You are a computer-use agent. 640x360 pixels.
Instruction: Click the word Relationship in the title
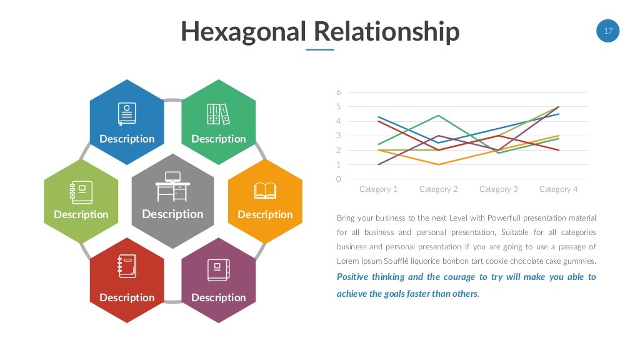coord(386,31)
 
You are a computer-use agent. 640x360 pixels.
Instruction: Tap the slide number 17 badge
coord(607,30)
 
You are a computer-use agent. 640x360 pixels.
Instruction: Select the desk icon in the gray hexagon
coord(172,186)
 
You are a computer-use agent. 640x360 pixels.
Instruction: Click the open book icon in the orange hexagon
coord(265,191)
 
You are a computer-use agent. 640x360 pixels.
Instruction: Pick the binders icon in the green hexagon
coord(218,114)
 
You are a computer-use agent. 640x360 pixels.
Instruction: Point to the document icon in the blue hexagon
coord(127,114)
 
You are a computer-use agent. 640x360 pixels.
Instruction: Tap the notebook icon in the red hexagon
coord(127,266)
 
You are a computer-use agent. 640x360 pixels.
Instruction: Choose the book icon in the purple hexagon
coord(218,270)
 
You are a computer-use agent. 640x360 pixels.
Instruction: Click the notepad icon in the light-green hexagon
coord(81,192)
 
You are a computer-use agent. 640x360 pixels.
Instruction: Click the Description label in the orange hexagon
coord(265,214)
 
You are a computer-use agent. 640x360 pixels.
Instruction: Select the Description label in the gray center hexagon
coord(172,214)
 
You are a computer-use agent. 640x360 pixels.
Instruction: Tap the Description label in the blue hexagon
coord(127,139)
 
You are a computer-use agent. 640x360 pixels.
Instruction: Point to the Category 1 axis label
coord(379,189)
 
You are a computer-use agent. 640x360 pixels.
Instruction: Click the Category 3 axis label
coord(498,189)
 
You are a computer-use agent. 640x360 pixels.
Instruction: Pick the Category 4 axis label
coord(558,189)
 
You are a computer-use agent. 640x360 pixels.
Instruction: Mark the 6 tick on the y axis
coord(339,92)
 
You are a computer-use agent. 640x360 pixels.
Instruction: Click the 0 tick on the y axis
coord(339,179)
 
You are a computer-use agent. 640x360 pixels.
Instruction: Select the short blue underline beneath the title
coord(320,49)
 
